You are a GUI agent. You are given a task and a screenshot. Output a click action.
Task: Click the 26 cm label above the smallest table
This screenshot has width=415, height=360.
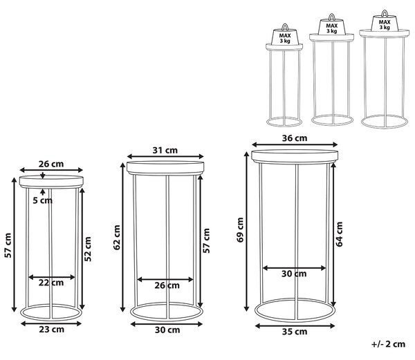point(51,164)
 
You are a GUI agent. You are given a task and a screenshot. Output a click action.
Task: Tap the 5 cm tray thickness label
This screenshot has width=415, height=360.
point(43,200)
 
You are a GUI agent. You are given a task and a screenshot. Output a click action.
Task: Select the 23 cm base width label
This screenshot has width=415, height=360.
point(52,330)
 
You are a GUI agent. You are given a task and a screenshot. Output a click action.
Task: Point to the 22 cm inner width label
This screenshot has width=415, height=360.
point(51,283)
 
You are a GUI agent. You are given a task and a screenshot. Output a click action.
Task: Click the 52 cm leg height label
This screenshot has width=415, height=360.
point(88,249)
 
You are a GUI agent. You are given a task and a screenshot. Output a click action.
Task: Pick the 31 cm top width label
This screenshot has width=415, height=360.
point(165,150)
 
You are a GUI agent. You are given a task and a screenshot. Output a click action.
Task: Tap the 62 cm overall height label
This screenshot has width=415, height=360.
point(117,238)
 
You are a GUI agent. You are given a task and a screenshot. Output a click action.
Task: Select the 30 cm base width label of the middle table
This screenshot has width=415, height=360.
point(167,330)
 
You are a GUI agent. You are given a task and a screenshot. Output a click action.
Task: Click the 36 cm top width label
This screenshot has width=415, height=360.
point(295,138)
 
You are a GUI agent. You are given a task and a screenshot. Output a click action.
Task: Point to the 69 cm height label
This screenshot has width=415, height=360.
point(240,229)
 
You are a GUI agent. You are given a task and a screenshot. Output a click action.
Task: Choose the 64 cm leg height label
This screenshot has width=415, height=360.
point(339,234)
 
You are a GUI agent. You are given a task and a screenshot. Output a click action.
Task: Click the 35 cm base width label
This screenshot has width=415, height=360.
point(295,332)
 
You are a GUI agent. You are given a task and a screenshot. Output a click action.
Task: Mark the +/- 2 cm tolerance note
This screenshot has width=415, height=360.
point(388,344)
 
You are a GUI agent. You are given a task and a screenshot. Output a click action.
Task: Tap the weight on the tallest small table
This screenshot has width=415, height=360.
point(385,21)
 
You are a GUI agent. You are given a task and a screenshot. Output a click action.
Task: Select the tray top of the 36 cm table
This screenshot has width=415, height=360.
point(295,156)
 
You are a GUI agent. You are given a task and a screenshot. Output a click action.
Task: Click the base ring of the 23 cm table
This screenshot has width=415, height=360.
point(50,319)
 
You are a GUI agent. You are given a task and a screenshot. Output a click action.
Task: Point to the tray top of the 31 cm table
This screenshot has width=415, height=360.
point(165,168)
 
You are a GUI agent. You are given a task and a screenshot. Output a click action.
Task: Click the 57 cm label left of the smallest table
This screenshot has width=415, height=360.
point(8,245)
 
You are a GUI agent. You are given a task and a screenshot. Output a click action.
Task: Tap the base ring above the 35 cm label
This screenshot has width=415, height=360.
point(295,322)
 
